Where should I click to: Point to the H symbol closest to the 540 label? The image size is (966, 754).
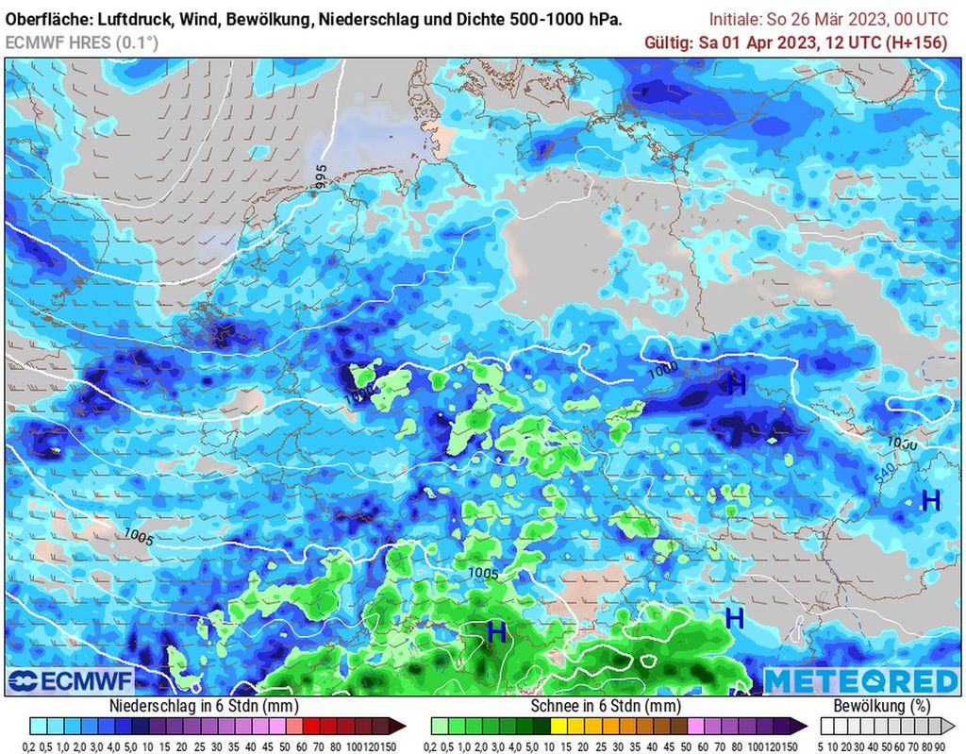click(930, 500)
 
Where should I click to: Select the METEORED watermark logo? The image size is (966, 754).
click(860, 681)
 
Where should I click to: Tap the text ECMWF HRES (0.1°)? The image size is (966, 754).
click(82, 42)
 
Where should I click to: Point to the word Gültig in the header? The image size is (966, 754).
click(666, 42)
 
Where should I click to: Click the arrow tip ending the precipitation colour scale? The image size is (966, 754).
click(403, 726)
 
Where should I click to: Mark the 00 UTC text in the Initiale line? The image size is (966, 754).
click(916, 19)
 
